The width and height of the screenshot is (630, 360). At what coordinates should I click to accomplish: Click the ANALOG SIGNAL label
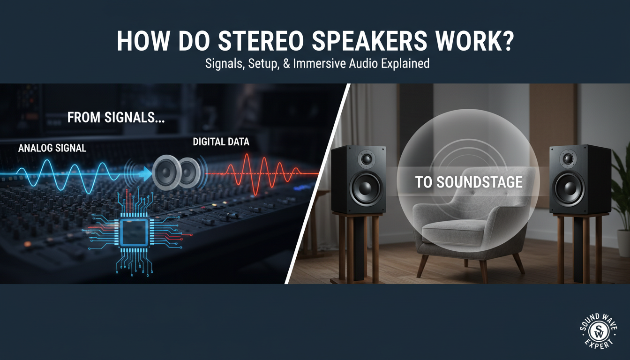[52, 148]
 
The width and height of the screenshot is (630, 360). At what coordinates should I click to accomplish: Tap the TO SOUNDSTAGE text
[469, 182]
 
